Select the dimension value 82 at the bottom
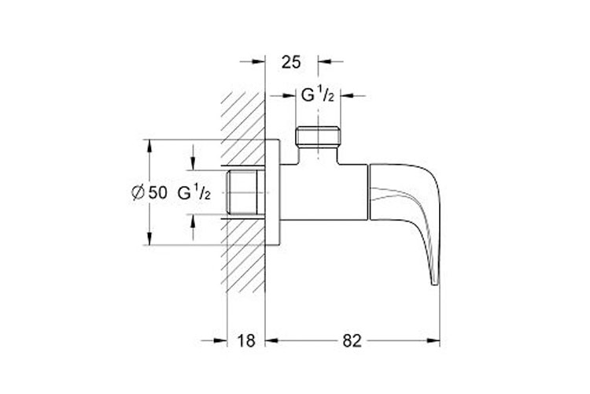[x=352, y=340]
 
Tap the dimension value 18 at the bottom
[x=247, y=340]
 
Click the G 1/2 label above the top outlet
[x=321, y=96]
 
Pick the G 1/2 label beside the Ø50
[x=194, y=192]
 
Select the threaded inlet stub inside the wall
[x=245, y=193]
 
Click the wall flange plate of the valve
[x=274, y=193]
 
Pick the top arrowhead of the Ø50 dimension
[x=147, y=145]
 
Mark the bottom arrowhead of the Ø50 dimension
[x=147, y=241]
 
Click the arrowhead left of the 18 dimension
[x=222, y=340]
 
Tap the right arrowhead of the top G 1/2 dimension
[x=350, y=96]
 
